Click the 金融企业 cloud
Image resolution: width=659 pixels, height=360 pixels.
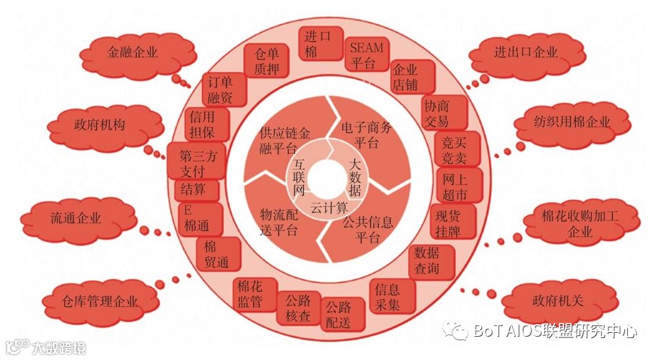[x=132, y=52]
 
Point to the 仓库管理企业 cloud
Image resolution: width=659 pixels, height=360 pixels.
[x=101, y=302]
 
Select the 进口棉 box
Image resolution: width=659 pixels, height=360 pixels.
[x=321, y=44]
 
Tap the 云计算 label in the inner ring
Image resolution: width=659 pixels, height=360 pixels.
[x=329, y=207]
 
